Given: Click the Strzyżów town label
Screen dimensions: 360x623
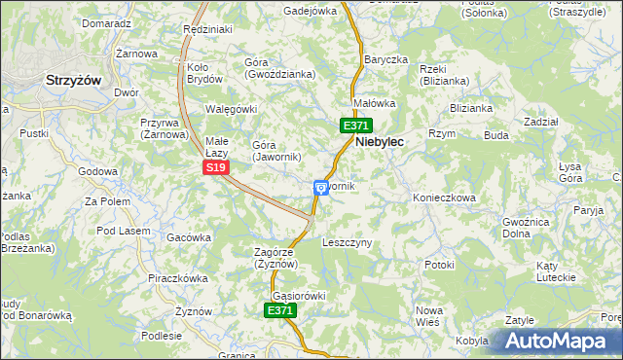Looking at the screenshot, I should coord(74,82).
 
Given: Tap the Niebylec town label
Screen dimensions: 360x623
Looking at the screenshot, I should coord(380,141).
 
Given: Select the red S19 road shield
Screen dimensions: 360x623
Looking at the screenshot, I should coord(216,168).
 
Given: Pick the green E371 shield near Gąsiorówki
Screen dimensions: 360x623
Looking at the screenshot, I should coord(279,310).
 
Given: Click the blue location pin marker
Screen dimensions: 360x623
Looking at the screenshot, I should coord(320,187).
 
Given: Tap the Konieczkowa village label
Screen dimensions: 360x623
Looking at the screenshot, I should coord(444,198).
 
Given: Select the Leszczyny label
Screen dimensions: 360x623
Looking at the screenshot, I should coord(347,242).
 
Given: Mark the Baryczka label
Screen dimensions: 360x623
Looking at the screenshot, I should coord(385,59).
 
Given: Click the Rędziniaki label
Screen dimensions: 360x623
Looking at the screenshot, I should coord(207,30).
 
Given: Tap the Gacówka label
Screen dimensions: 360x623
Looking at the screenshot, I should coord(189,237).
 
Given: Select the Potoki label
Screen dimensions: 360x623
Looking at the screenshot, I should coord(439,265).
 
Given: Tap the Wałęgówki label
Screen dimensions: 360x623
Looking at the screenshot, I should coord(231,109).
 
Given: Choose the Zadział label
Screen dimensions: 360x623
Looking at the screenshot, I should coord(540,122).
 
